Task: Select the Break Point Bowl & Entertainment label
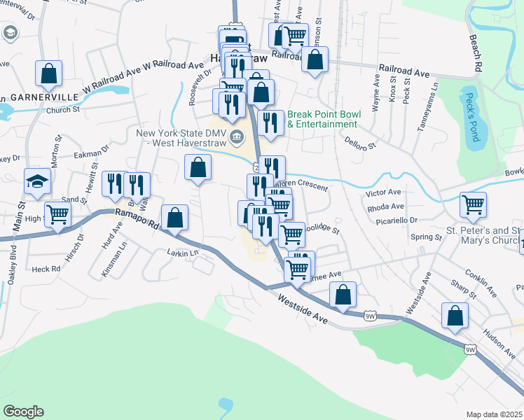point(322,119)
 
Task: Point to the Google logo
point(22,412)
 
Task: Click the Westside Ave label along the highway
point(303,308)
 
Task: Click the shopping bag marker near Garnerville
point(48,73)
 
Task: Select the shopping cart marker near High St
point(57,215)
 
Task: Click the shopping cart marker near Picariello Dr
point(473,205)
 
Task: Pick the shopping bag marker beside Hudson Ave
point(455,315)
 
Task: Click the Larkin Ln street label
point(183,252)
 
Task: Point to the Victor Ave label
point(383,192)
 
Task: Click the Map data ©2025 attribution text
point(495,414)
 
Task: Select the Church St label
point(63,109)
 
